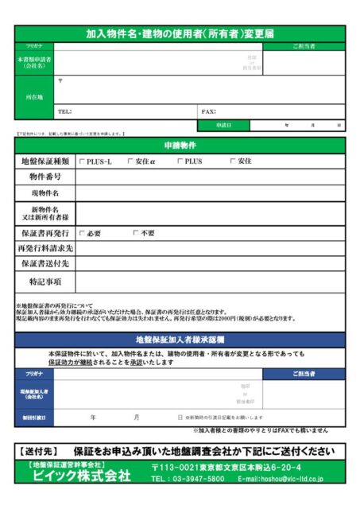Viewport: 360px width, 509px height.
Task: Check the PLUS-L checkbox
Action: [82, 161]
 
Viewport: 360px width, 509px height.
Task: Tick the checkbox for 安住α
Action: [130, 161]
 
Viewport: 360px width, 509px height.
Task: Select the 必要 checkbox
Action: [82, 234]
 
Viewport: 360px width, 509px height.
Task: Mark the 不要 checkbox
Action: [136, 234]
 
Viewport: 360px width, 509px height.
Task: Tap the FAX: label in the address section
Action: [209, 112]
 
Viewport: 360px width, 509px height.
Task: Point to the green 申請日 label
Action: [223, 126]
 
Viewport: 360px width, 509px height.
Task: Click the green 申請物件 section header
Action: [180, 146]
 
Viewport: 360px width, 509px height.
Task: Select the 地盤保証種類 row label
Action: [45, 161]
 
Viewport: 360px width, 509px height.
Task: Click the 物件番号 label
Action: [45, 177]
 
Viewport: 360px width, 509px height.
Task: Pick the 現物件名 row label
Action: [45, 193]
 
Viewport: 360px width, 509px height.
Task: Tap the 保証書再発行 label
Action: [45, 234]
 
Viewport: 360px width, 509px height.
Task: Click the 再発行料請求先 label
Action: [45, 248]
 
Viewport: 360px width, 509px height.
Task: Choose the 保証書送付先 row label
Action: [45, 263]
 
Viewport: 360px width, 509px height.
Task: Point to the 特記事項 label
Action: [45, 281]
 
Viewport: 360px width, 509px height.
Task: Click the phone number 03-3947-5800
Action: [194, 479]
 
